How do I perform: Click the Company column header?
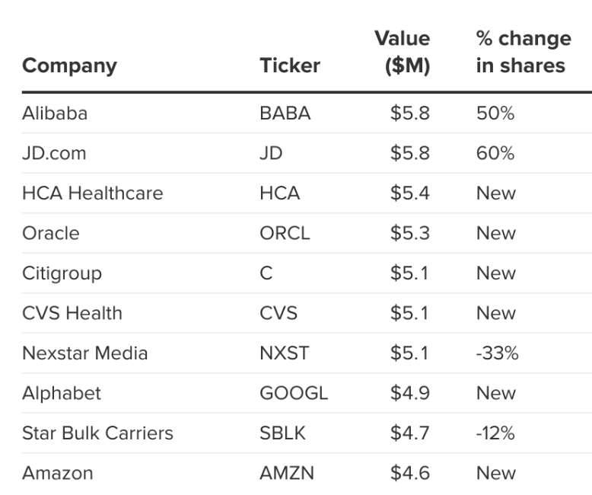69,66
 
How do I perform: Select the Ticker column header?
290,65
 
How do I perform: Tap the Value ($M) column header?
402,52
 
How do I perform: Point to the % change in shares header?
524,52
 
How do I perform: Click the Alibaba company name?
55,113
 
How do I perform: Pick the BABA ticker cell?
285,113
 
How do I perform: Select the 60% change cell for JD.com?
495,153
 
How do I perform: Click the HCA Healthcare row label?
93,193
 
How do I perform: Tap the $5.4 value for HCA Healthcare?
409,193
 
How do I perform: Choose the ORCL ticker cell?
285,233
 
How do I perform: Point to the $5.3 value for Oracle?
409,233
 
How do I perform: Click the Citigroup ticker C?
266,273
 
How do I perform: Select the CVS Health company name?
72,313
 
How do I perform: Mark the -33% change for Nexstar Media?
497,353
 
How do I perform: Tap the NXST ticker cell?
285,353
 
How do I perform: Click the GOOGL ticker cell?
294,394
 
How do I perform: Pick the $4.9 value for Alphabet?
409,394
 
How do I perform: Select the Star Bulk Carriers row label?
97,433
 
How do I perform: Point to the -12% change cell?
495,433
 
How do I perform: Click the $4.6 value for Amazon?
409,474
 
